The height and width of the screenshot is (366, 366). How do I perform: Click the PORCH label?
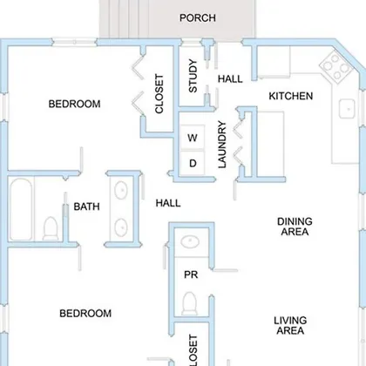coord(198,18)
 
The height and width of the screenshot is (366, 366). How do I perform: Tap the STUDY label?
coord(193,76)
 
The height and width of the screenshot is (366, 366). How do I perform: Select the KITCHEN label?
coord(291,96)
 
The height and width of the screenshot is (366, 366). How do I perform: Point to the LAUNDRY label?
coord(222,145)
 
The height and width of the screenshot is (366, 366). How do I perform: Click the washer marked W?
coord(193,138)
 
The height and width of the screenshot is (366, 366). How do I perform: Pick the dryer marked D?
coord(193,163)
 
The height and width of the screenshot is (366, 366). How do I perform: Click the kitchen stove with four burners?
coord(336,67)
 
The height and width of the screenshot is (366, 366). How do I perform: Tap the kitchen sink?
coord(347,109)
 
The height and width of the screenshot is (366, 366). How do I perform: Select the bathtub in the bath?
coord(21,209)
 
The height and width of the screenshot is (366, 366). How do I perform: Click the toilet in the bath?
coord(51,228)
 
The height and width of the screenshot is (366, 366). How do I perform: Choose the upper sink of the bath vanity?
coord(121,190)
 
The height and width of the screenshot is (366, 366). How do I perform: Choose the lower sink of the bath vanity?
coord(121,227)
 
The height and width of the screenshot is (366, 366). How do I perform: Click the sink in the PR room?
coord(190,241)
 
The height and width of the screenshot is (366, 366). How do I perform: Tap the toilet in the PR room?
coord(189,303)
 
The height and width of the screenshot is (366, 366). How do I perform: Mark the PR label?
coord(191,274)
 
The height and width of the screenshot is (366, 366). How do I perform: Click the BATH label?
coord(86,207)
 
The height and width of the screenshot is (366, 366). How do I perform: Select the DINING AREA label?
coord(295,227)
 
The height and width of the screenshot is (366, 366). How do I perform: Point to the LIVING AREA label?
coord(290,325)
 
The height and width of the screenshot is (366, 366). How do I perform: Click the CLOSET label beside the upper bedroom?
coord(159,94)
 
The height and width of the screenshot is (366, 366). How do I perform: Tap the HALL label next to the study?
coord(230,79)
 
